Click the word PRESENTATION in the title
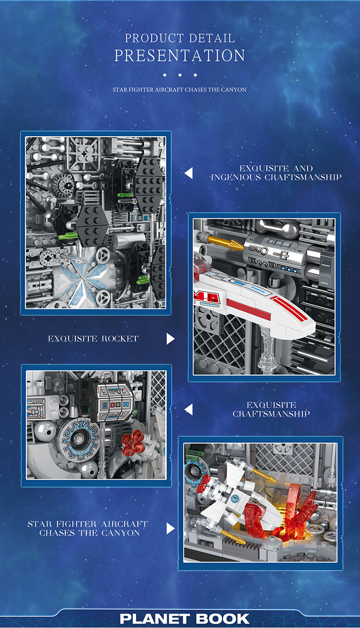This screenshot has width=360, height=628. tap(180, 55)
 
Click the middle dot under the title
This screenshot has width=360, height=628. tap(180, 75)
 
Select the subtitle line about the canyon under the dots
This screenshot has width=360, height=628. tap(180, 90)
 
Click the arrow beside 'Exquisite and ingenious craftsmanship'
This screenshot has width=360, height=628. tap(189, 173)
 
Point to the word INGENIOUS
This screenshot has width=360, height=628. tap(236, 177)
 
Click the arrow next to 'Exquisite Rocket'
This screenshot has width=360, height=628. tap(170, 339)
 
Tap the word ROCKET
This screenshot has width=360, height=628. tap(120, 339)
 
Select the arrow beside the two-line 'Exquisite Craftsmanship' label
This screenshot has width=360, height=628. tap(189, 409)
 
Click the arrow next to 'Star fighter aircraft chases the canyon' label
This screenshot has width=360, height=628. tap(170, 529)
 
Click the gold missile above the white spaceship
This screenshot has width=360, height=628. tap(226, 242)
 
